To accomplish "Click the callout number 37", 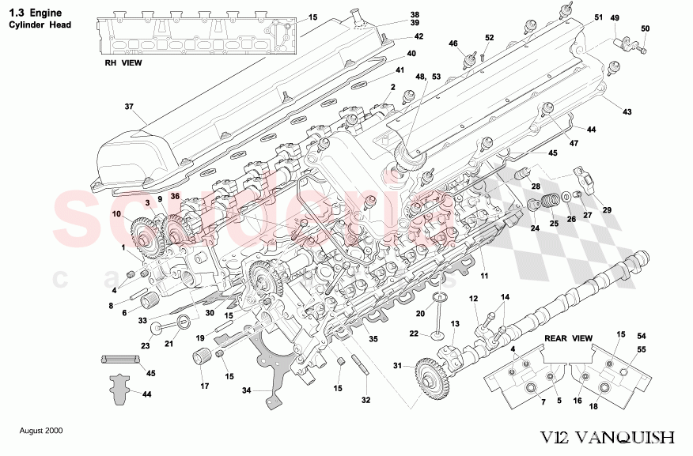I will [129, 107].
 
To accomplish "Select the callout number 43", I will [627, 112].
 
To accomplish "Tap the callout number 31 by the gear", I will [397, 365].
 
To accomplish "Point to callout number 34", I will [246, 390].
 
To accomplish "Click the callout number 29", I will [607, 209].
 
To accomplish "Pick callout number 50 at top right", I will [645, 29].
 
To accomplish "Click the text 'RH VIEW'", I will [123, 63].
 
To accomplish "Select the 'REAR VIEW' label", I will [568, 337].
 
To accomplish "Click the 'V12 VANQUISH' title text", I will [608, 437].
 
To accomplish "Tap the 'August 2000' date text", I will [41, 431].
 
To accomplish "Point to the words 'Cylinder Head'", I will [40, 24].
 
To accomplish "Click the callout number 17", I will [204, 386].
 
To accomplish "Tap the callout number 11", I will [483, 276].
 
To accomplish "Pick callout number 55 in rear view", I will [642, 349].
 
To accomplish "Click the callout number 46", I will [453, 43].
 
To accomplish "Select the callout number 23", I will [146, 345].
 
